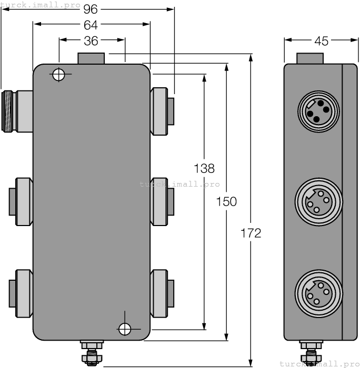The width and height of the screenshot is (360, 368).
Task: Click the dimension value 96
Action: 92,9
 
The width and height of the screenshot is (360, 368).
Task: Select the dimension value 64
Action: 92,24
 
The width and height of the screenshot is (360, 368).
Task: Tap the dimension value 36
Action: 92,40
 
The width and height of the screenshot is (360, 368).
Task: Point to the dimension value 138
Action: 204,169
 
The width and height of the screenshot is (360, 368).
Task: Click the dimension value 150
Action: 227,201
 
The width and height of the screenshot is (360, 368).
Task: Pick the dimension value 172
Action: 251,233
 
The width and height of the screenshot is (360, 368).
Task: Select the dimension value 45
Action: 321,40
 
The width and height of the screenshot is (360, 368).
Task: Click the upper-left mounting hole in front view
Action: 58,75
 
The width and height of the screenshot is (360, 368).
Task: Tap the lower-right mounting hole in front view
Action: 125,329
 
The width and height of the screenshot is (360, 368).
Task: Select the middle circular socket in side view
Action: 318,201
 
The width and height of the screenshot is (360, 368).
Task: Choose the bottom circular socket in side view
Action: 318,292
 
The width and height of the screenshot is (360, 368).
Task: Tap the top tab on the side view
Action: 309,58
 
